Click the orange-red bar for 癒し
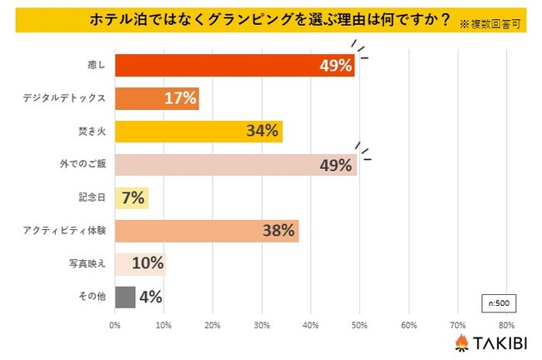pos(233,66)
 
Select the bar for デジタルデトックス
pos(156,98)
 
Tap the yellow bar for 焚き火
pos(198,132)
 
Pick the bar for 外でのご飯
pos(235,164)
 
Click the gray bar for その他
pos(124,297)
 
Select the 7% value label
pos(133,197)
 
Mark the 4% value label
pos(151,297)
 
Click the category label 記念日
pos(91,197)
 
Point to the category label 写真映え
pos(87,263)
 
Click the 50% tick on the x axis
pos(359,324)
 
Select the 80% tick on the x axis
pos(506,324)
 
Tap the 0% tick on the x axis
pos(115,324)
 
